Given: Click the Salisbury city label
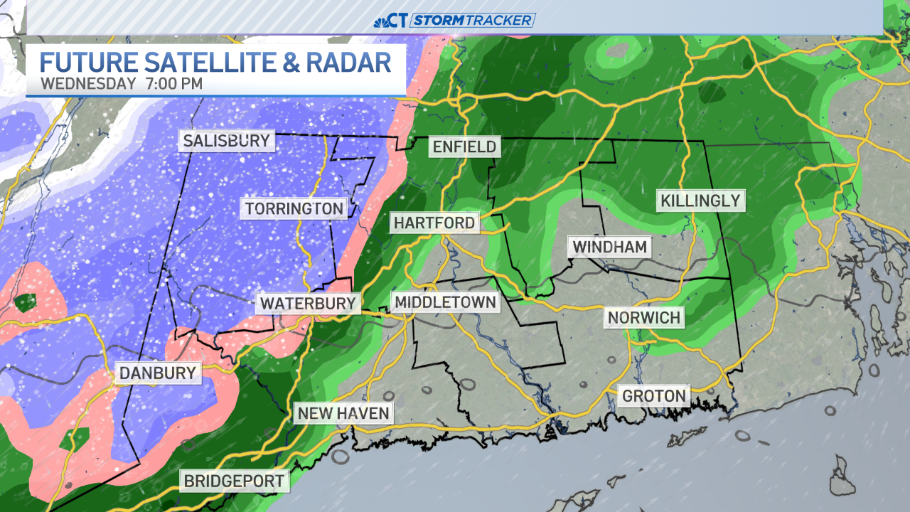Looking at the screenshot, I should (226, 140).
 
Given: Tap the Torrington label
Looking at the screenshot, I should (294, 208).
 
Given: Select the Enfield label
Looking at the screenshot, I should (464, 147).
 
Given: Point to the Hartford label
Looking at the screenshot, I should (434, 223).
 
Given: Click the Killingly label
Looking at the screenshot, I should (700, 201).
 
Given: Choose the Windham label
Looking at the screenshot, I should (610, 247).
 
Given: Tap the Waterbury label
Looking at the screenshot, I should (307, 304).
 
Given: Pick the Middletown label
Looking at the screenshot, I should (445, 302).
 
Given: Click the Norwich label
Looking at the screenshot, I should (644, 317).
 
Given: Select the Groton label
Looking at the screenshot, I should (654, 395).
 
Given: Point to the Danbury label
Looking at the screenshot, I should (157, 373).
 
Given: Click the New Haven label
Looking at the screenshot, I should (343, 413).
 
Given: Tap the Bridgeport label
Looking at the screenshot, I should (234, 481).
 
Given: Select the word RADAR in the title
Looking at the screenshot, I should (349, 62).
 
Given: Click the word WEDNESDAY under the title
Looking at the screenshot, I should (88, 83).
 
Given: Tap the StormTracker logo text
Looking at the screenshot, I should (472, 20).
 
